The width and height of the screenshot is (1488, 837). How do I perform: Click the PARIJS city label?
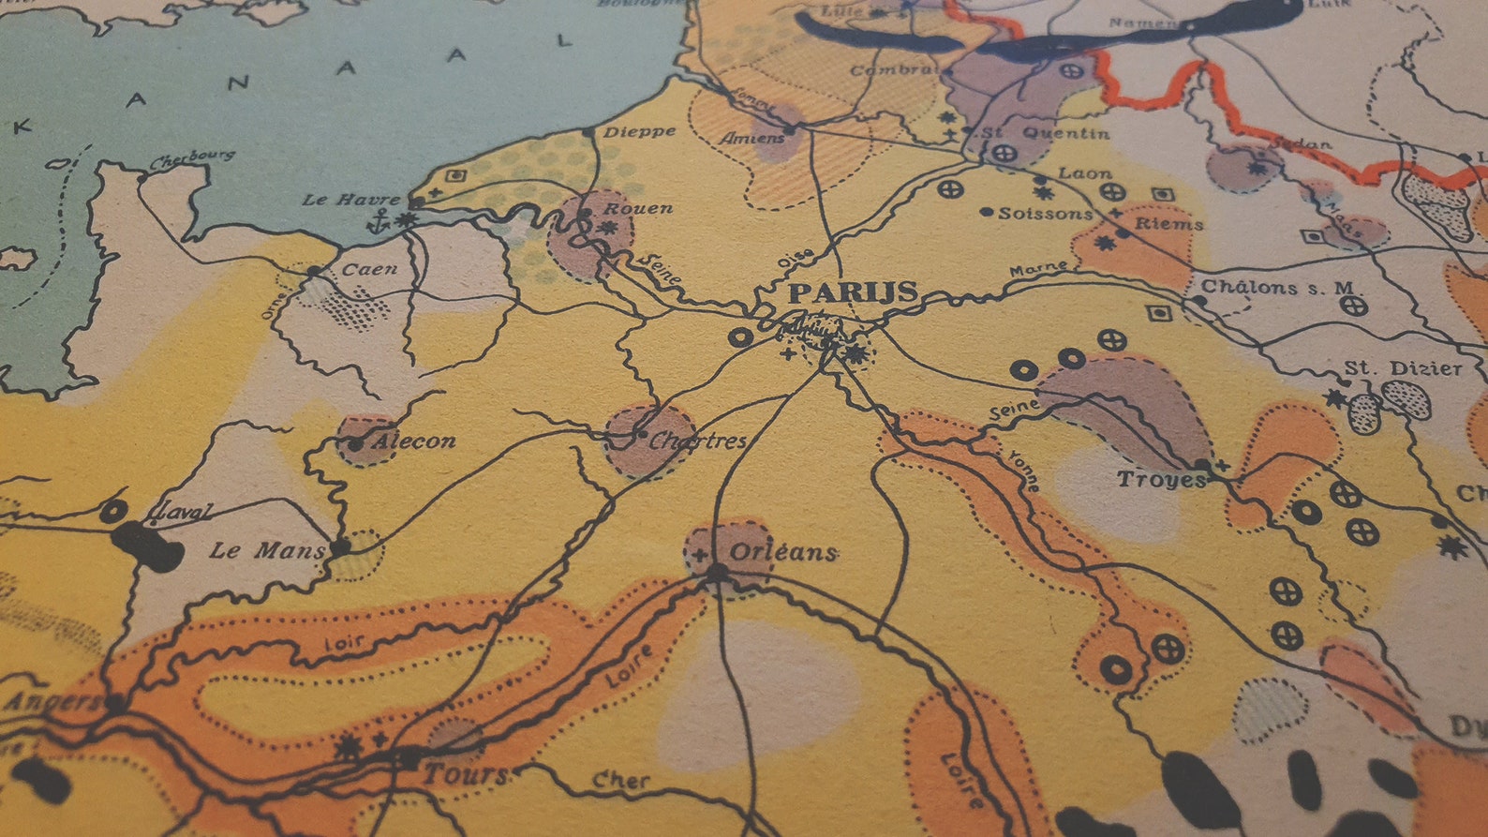tap(853, 292)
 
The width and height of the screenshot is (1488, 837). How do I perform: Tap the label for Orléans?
tap(782, 552)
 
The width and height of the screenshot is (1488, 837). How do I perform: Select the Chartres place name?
tap(697, 441)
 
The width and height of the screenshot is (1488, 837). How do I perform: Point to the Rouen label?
tap(637, 207)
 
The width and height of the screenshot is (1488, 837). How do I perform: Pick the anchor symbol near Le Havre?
tap(379, 221)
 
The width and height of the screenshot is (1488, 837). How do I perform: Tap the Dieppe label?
tap(639, 131)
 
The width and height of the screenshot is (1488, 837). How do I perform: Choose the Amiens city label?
tap(752, 138)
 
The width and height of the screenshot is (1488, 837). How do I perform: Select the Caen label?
tap(369, 269)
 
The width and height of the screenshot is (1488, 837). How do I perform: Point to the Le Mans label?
tap(266, 550)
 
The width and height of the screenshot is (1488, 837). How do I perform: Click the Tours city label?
tap(465, 774)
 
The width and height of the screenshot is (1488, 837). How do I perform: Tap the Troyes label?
tap(1161, 480)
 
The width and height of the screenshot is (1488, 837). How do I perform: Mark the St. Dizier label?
tap(1403, 368)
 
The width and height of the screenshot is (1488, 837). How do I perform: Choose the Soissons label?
tap(1045, 214)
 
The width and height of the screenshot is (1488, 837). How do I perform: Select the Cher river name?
tap(620, 780)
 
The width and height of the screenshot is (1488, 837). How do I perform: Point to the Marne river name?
tap(1038, 269)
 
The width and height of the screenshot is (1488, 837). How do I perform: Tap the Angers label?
tap(52, 700)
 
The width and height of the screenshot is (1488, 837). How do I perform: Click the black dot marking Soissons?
tap(986, 213)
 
